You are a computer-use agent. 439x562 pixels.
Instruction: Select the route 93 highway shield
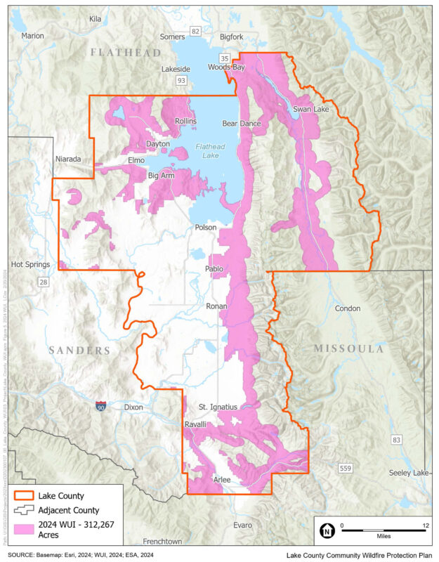pyautogui.click(x=181, y=81)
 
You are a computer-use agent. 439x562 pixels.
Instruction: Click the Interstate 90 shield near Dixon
pyautogui.click(x=101, y=406)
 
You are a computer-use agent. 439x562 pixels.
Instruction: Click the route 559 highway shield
pyautogui.click(x=344, y=468)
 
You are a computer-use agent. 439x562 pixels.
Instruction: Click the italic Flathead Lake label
pyautogui.click(x=210, y=151)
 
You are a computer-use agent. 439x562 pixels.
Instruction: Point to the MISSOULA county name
pyautogui.click(x=348, y=349)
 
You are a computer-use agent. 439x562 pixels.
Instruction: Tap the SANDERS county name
pyautogui.click(x=79, y=350)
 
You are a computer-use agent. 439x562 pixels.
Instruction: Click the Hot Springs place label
pyautogui.click(x=31, y=265)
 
